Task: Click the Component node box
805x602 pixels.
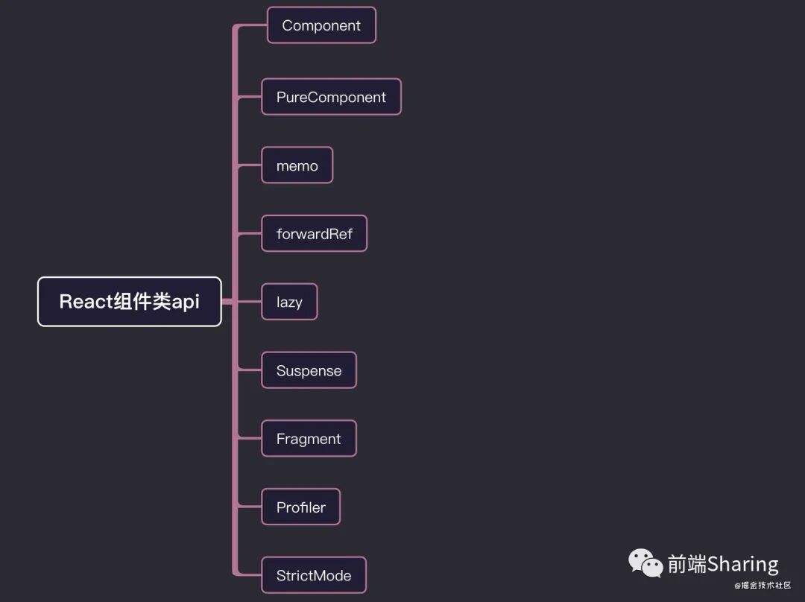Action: pos(321,25)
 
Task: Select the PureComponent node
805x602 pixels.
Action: pos(331,97)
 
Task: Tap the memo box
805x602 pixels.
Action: pos(297,165)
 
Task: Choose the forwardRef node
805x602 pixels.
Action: pos(314,234)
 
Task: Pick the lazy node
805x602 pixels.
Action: pos(289,302)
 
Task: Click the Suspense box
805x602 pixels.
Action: pos(309,370)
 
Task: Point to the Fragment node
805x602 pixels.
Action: pos(309,439)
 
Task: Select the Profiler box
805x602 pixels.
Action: pos(300,507)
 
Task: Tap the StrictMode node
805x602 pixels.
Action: pos(313,575)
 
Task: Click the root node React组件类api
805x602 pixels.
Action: pos(130,302)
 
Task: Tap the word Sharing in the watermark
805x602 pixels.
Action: pos(742,564)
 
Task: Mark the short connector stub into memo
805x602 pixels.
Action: pos(250,165)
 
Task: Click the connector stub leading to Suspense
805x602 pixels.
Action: pos(250,370)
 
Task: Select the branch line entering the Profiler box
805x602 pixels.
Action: pos(250,507)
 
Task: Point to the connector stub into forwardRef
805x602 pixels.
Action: pos(250,234)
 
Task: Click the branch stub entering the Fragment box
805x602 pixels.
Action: pos(250,439)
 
